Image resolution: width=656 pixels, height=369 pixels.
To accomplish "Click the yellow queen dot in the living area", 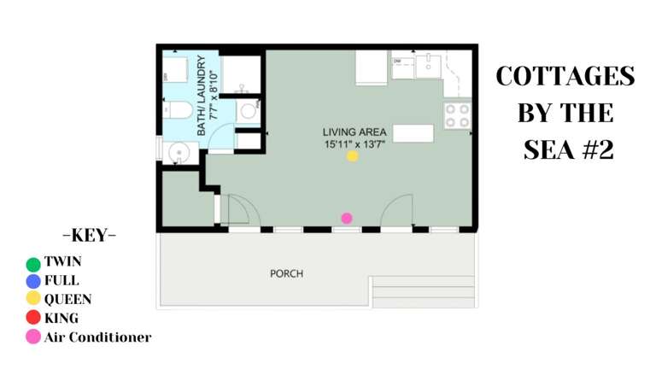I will [352, 156].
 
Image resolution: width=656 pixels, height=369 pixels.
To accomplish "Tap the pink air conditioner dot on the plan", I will [347, 219].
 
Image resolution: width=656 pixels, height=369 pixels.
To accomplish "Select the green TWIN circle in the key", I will [33, 264].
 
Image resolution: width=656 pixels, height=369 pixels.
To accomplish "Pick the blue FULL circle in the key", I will [33, 281].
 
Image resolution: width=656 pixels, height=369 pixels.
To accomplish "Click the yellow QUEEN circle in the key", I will [33, 299].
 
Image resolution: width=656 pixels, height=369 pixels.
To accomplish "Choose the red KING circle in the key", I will [33, 318].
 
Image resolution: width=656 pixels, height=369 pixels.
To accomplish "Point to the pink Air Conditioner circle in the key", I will [33, 337].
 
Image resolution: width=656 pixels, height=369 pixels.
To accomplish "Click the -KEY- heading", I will [90, 235].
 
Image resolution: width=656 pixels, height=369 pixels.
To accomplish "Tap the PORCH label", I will [286, 273].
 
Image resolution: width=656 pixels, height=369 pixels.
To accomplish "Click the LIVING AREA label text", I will [354, 132].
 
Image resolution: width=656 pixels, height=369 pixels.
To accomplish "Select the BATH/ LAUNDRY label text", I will [202, 96].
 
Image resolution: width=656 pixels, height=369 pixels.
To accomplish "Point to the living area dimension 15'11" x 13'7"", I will [354, 144].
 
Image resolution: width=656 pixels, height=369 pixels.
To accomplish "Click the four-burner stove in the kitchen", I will [457, 115].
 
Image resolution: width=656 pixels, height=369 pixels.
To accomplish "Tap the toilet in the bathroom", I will [179, 110].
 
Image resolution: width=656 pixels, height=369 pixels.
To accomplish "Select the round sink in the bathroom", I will [178, 153].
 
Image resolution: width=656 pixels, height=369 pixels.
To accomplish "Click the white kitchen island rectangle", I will [413, 133].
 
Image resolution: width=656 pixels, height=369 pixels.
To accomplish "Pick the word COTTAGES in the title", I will [565, 76].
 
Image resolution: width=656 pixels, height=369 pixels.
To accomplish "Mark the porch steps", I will [423, 291].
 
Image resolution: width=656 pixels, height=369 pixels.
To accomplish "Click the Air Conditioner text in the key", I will [97, 337].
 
